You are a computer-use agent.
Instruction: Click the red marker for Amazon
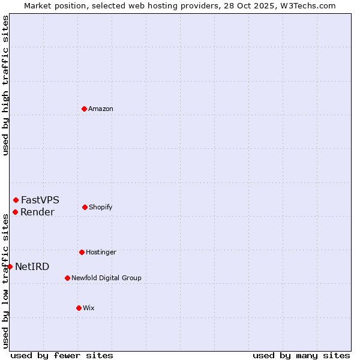[84, 109]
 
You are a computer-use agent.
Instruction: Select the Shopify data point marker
[85, 207]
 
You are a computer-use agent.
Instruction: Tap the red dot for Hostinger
[82, 252]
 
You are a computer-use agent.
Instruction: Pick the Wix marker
[79, 308]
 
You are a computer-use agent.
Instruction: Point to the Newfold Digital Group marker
[67, 278]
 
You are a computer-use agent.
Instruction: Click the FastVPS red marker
[16, 200]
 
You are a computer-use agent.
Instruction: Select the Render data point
[15, 212]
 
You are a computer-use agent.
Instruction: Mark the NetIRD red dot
[10, 266]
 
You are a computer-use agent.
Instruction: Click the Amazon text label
[101, 109]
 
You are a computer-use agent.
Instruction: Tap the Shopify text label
[100, 207]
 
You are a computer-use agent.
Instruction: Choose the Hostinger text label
[101, 252]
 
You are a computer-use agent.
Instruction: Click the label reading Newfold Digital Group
[106, 278]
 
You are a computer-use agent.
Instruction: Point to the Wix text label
[89, 308]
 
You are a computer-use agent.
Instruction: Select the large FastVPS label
[40, 200]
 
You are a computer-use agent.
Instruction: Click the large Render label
[37, 212]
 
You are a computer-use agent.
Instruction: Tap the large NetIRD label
[32, 266]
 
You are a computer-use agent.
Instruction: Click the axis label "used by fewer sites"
[62, 355]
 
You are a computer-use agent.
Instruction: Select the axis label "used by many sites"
[301, 355]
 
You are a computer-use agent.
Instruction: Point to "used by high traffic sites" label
[5, 85]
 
